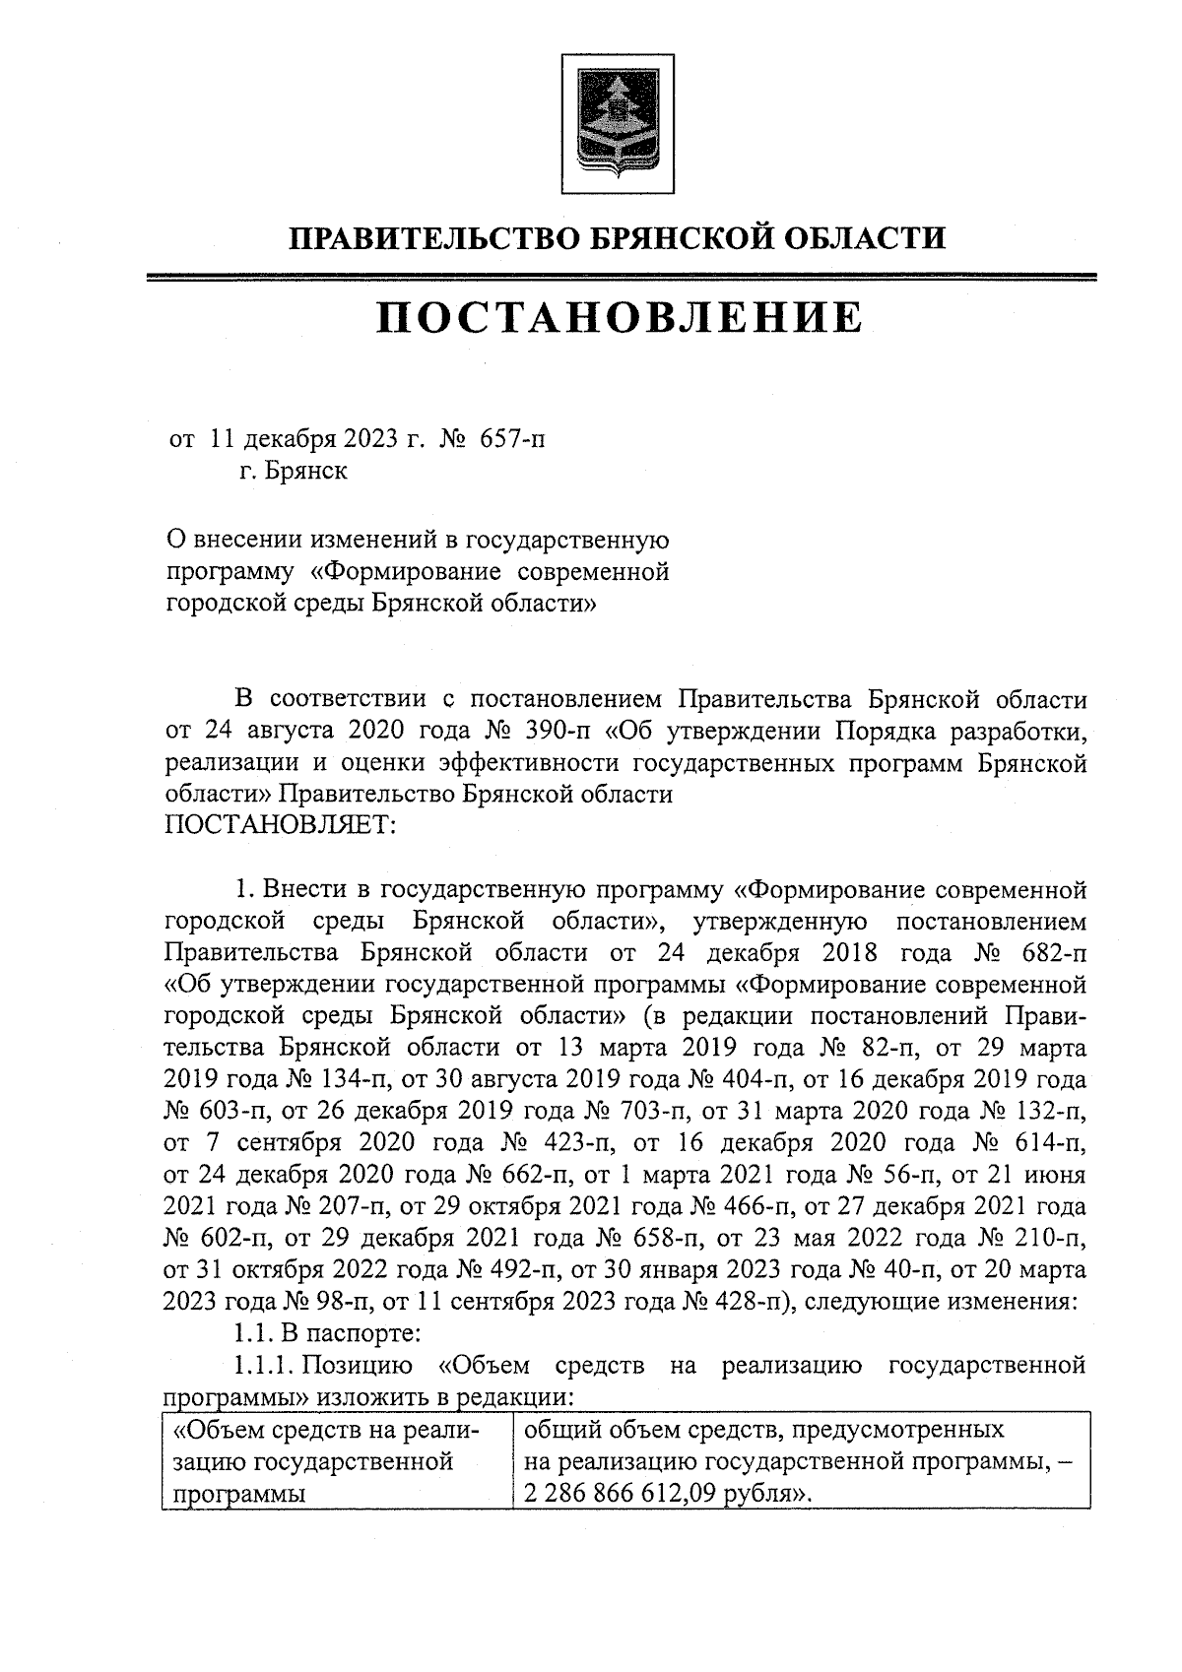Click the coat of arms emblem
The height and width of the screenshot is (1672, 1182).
(x=618, y=124)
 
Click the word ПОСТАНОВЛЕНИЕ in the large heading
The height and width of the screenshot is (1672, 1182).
(x=619, y=317)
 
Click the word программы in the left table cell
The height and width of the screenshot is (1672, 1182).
(x=237, y=1494)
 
